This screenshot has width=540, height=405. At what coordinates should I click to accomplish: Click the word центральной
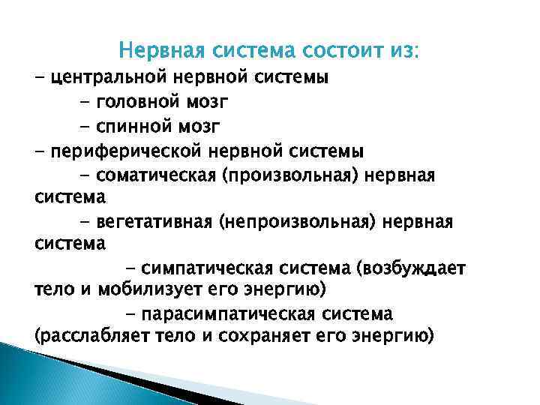(109, 77)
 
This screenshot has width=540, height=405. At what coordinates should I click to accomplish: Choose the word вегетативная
(154, 223)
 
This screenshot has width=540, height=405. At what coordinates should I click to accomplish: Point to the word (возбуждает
(410, 269)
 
